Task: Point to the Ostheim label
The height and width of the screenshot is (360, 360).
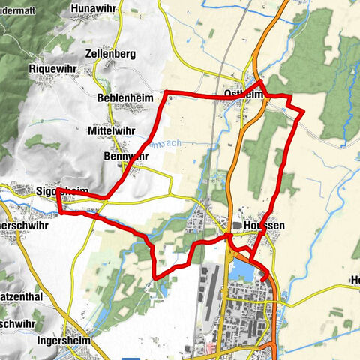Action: click(x=242, y=94)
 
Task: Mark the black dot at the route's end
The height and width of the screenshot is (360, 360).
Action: click(x=264, y=279)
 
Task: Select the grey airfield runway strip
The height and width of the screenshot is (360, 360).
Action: click(x=209, y=292)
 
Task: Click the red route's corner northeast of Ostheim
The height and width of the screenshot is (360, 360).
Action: click(x=303, y=110)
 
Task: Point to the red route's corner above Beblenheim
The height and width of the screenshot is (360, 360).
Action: click(x=166, y=93)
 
